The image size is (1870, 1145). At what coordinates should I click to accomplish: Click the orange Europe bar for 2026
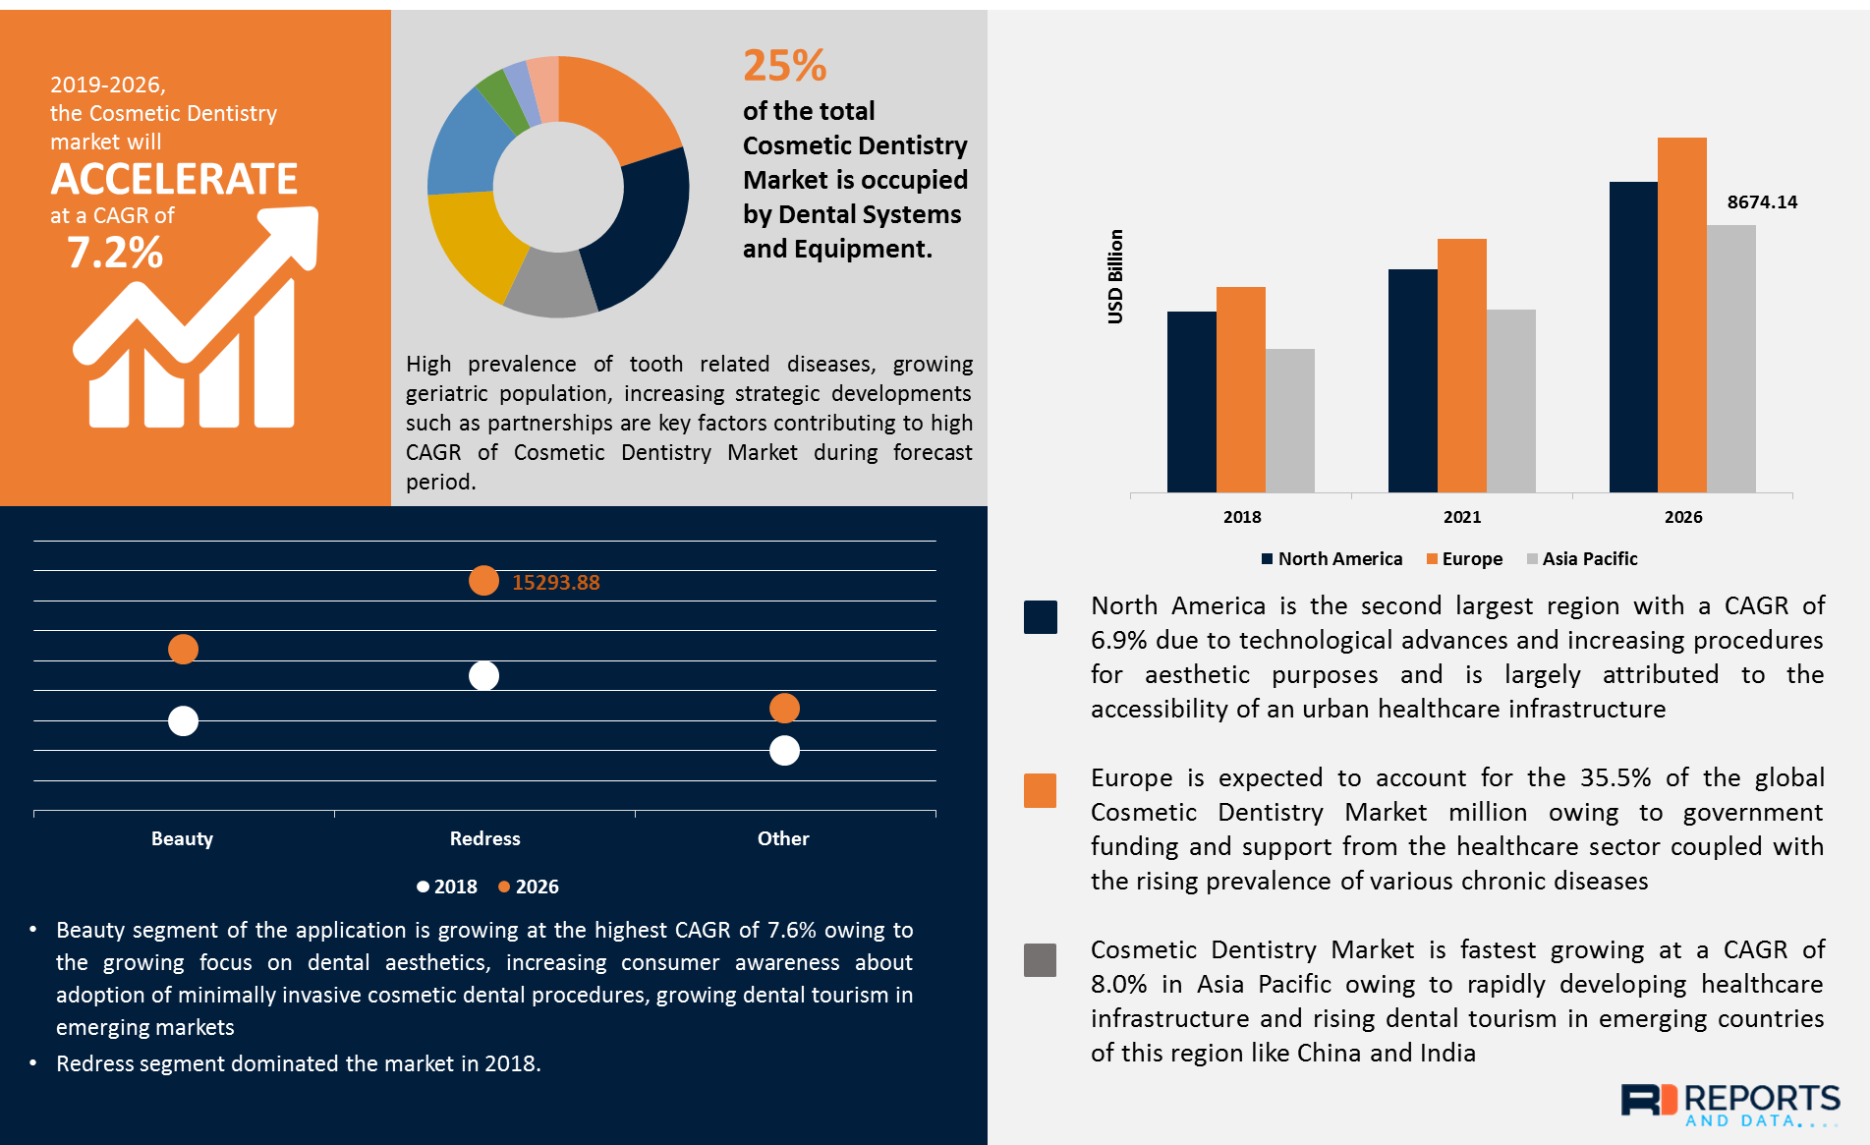[1681, 315]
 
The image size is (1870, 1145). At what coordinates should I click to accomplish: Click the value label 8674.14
[1762, 202]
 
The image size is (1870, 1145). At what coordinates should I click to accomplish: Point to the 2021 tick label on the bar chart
[1462, 517]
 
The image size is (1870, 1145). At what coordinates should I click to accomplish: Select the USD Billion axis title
[1115, 276]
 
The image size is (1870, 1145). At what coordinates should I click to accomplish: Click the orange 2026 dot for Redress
[483, 581]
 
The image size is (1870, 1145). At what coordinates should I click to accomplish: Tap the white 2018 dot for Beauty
[183, 721]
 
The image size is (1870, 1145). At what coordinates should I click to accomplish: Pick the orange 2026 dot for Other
[784, 708]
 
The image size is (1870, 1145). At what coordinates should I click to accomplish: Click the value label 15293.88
[555, 583]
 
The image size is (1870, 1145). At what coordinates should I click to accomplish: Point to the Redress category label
[484, 838]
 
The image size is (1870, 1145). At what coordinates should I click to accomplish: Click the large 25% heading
[784, 66]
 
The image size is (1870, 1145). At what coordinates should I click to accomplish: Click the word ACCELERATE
[174, 179]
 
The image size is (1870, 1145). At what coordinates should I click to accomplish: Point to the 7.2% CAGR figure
[115, 253]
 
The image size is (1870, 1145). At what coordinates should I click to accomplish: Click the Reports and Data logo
[1729, 1104]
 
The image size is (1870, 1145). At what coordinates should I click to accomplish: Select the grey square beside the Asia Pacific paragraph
[1040, 960]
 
